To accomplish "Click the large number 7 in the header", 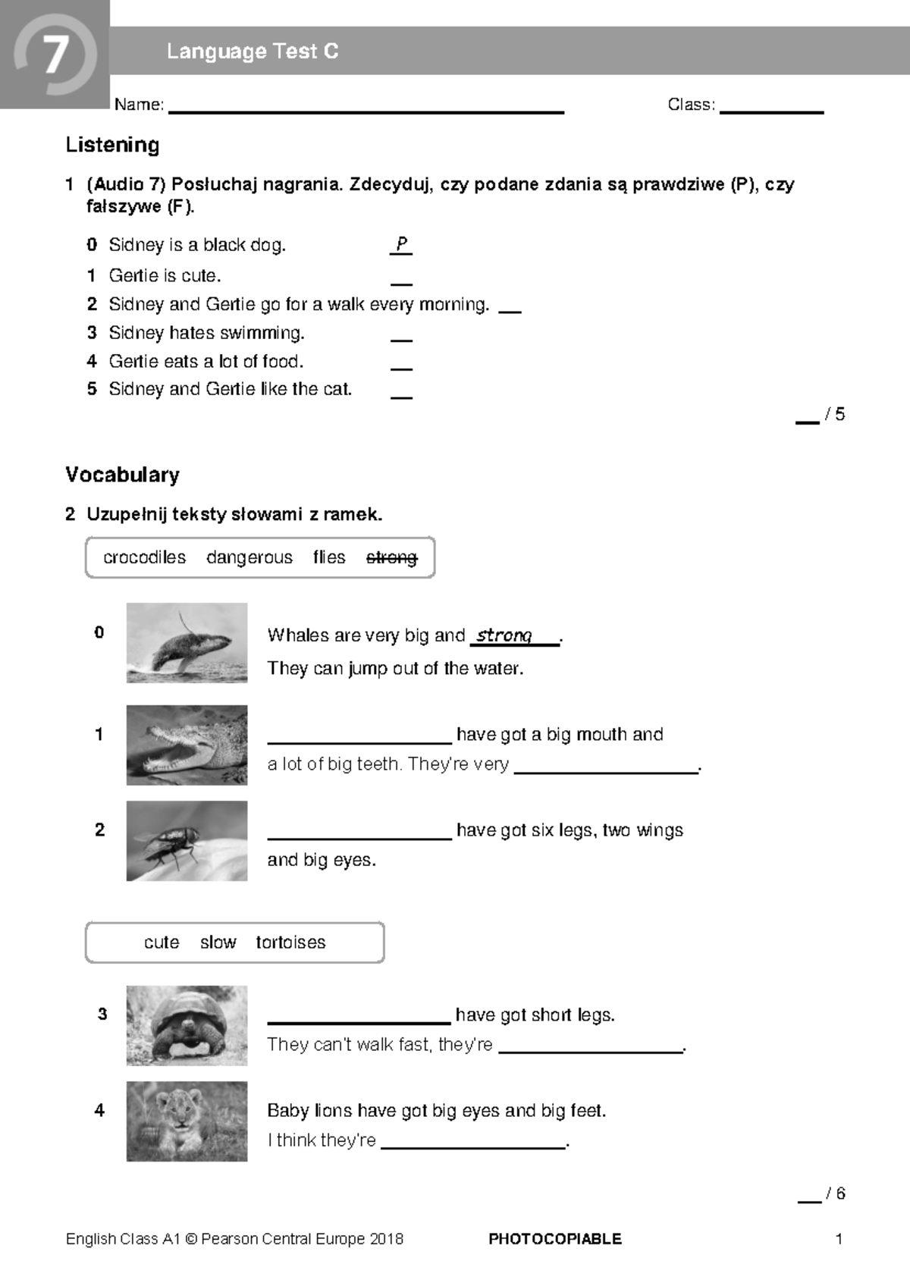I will tap(55, 55).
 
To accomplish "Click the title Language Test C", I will tap(253, 52).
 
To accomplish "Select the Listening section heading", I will tap(112, 145).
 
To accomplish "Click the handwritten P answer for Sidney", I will tap(401, 244).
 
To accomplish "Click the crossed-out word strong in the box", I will tap(391, 557).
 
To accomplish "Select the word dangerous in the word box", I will tap(249, 557).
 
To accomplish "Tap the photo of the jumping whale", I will tap(187, 643).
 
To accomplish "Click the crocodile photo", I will tap(187, 745).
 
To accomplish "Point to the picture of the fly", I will tap(187, 840).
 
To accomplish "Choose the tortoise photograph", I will tap(187, 1025).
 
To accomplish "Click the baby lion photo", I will tap(187, 1121).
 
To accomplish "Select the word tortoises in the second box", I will tap(290, 943).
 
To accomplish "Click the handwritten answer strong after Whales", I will tap(504, 635).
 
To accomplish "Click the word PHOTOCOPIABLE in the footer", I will tap(554, 1239).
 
